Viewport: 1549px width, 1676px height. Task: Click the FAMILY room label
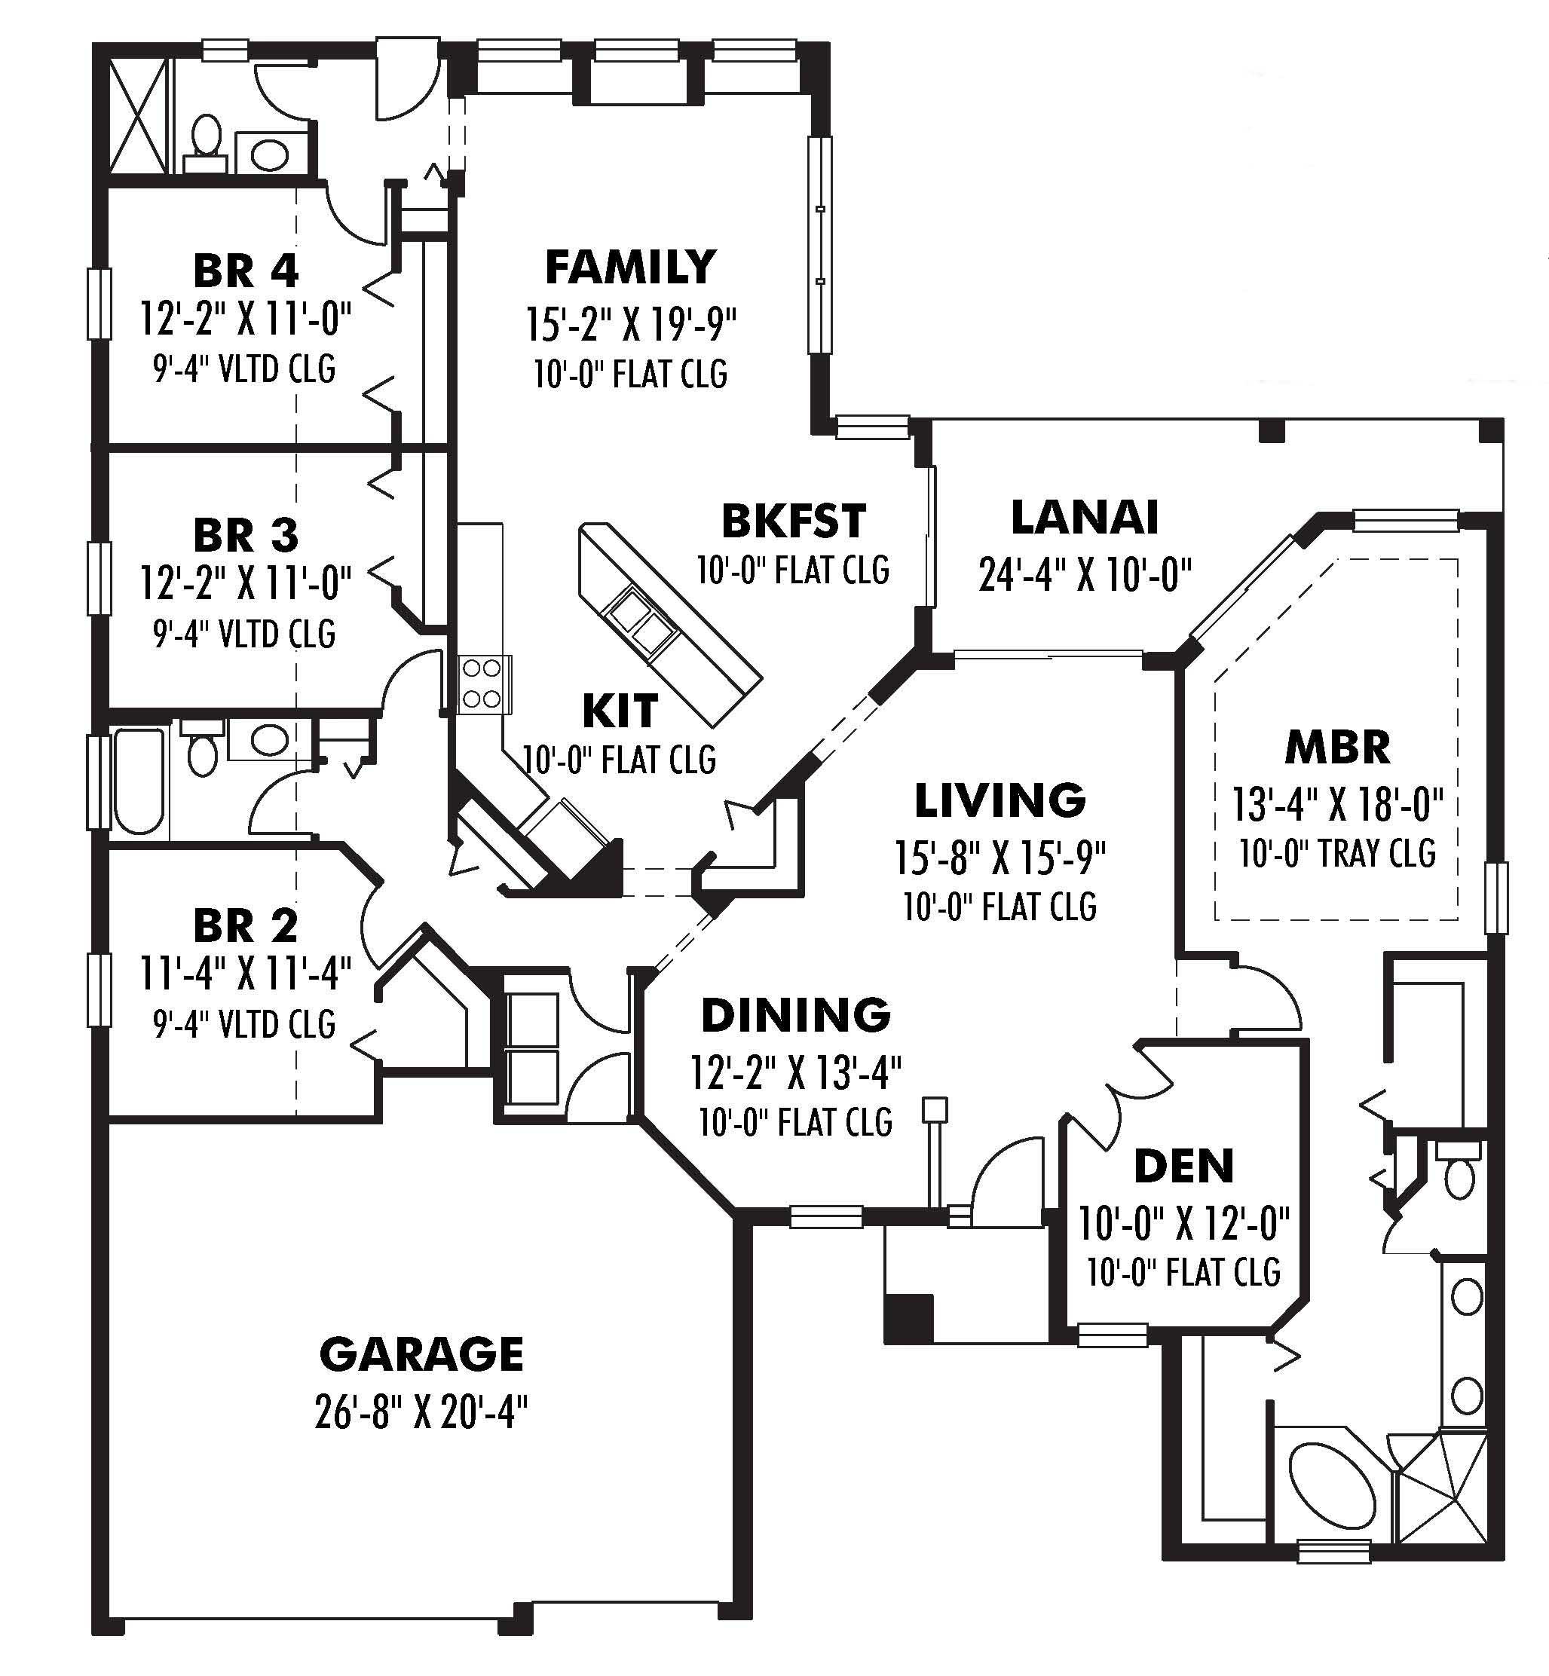[630, 268]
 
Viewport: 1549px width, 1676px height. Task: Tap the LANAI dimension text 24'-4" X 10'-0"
[1085, 575]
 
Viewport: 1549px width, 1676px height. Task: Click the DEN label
[1183, 1167]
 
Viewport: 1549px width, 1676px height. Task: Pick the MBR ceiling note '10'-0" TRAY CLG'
[1337, 854]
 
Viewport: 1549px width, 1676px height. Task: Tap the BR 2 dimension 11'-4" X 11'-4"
[245, 974]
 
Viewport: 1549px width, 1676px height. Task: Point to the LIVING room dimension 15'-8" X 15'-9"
[1000, 856]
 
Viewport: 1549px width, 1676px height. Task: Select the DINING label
[795, 1016]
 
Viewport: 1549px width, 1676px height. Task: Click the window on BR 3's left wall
[99, 578]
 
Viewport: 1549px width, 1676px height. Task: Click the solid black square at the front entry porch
[908, 1318]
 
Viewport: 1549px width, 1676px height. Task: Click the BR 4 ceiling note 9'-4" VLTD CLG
[244, 369]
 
